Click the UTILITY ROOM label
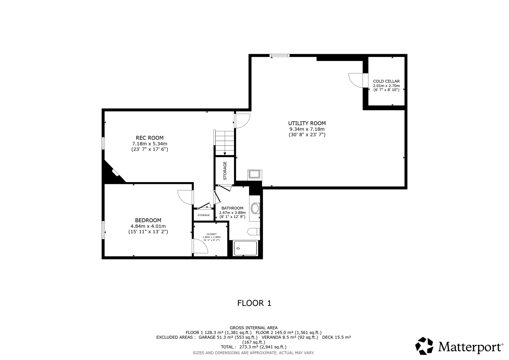pyautogui.click(x=307, y=123)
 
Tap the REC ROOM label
pyautogui.click(x=150, y=138)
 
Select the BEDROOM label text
pyautogui.click(x=148, y=220)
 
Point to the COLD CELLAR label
pyautogui.click(x=386, y=81)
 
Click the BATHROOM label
pyautogui.click(x=232, y=208)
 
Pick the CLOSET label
pyautogui.click(x=212, y=234)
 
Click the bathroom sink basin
pyautogui.click(x=255, y=208)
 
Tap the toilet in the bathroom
pyautogui.click(x=253, y=231)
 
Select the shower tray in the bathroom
pyautogui.click(x=245, y=248)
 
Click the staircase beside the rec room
pyautogui.click(x=225, y=143)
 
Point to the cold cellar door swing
pyautogui.click(x=356, y=80)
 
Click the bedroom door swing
pyautogui.click(x=185, y=197)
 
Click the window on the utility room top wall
pyautogui.click(x=280, y=55)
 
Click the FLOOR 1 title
pyautogui.click(x=254, y=303)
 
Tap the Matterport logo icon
pyautogui.click(x=424, y=346)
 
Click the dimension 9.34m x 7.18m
pyautogui.click(x=307, y=129)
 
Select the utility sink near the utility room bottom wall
pyautogui.click(x=254, y=174)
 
